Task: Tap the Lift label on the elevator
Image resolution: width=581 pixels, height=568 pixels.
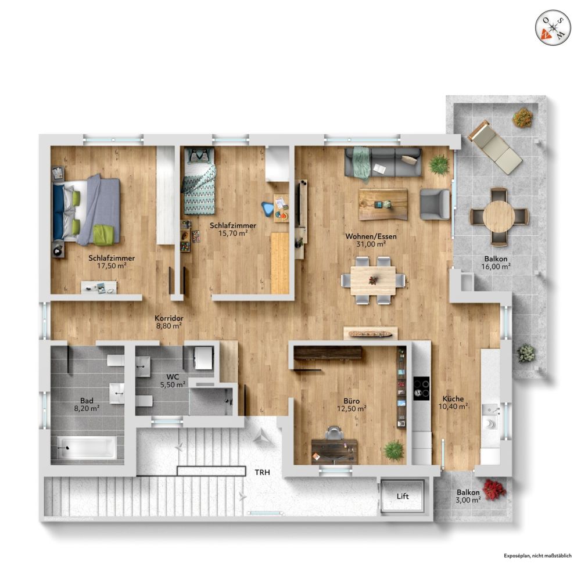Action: pos(403,497)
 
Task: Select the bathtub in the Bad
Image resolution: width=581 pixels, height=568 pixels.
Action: pos(87,448)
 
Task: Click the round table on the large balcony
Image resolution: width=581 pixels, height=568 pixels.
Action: pos(498,216)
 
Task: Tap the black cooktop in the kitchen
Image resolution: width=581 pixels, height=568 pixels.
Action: pos(421,388)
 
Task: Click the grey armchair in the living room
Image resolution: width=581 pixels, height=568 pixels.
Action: pos(435,204)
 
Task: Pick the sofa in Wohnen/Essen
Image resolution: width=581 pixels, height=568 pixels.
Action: pos(383,162)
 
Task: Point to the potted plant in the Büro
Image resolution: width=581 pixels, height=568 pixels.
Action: pos(394,450)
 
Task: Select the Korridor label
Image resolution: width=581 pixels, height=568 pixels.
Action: pos(169,318)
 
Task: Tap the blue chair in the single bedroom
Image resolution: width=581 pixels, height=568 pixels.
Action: pos(268,208)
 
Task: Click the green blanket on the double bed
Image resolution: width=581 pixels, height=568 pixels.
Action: pos(104,234)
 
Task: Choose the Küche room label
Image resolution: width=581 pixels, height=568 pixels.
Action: pos(453,399)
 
